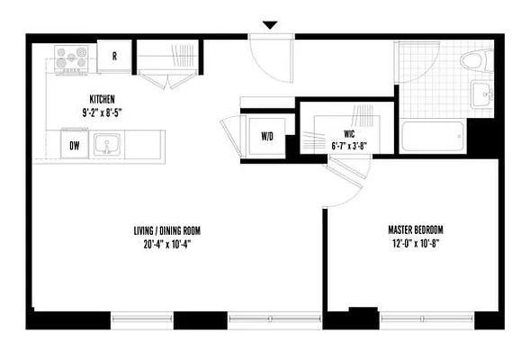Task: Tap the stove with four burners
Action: coord(70,59)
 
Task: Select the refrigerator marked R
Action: coord(115,56)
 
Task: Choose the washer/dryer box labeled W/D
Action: coord(267,137)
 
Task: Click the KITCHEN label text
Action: coord(101,99)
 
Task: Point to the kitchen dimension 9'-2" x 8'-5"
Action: coord(101,112)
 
